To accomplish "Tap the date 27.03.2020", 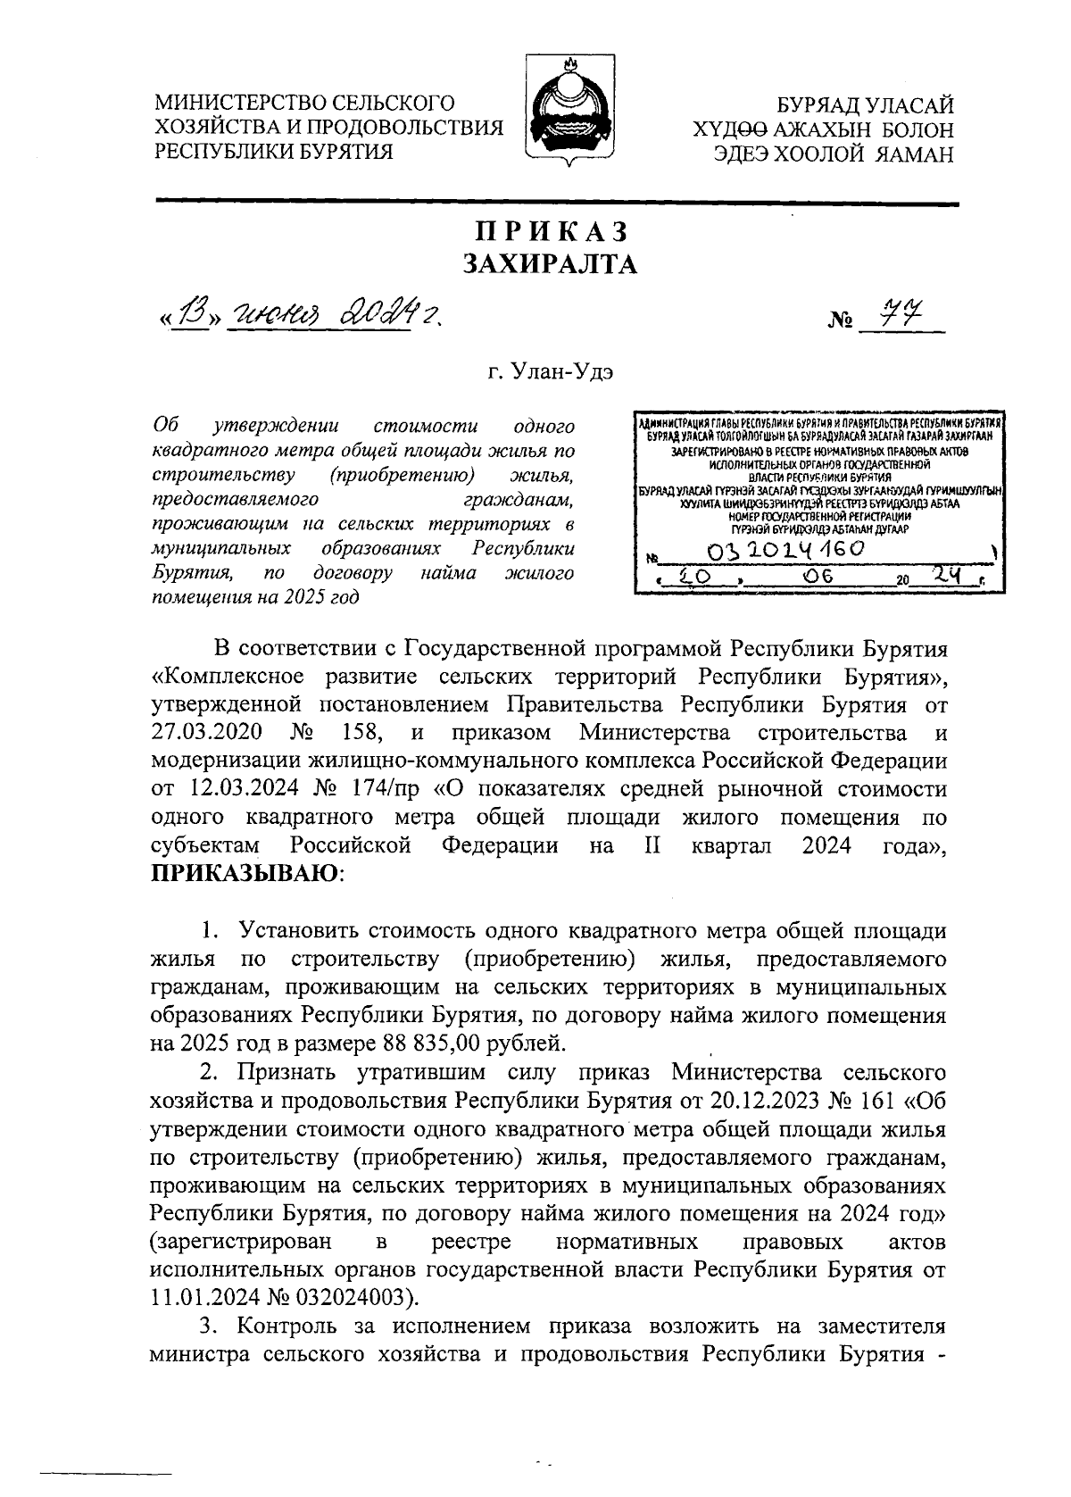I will tap(206, 733).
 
